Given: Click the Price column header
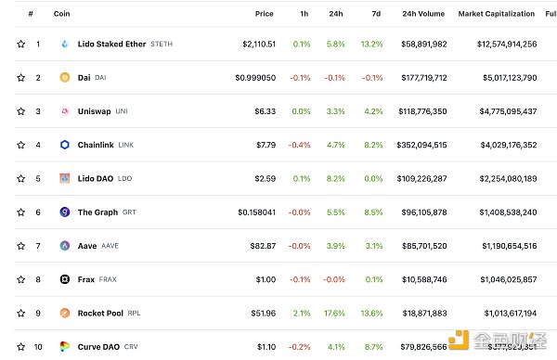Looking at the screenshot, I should click(x=265, y=14).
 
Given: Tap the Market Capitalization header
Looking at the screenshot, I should click(x=497, y=14).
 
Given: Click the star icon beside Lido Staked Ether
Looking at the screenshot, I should click(x=20, y=45).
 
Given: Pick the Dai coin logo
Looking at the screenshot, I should click(x=65, y=78).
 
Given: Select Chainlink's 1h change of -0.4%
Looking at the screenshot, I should click(x=300, y=145).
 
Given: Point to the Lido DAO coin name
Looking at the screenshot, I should click(x=97, y=178).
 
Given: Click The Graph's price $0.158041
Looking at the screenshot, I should click(x=254, y=212).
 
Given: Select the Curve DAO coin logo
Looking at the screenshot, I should click(x=65, y=347).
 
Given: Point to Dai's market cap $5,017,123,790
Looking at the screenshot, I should click(x=498, y=78).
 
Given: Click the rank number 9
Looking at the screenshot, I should click(x=37, y=313).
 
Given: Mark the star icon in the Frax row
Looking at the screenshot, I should click(x=20, y=279).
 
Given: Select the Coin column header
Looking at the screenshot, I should click(x=62, y=14).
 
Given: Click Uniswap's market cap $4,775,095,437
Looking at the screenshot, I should click(x=498, y=111).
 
